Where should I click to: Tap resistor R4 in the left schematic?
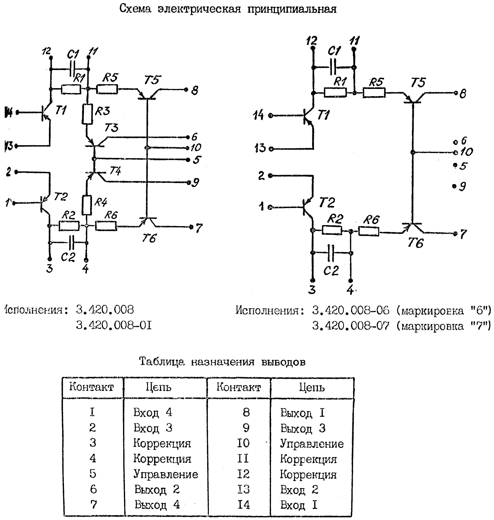click(x=87, y=205)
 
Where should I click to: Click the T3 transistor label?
click(x=111, y=128)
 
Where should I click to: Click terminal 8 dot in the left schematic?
click(x=186, y=90)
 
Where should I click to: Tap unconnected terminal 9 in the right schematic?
click(x=454, y=186)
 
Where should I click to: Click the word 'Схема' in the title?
click(x=135, y=9)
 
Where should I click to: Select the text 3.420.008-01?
click(x=114, y=326)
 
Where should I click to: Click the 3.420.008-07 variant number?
click(x=351, y=326)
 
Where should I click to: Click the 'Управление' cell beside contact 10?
click(x=312, y=444)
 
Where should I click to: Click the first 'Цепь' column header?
click(x=158, y=387)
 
